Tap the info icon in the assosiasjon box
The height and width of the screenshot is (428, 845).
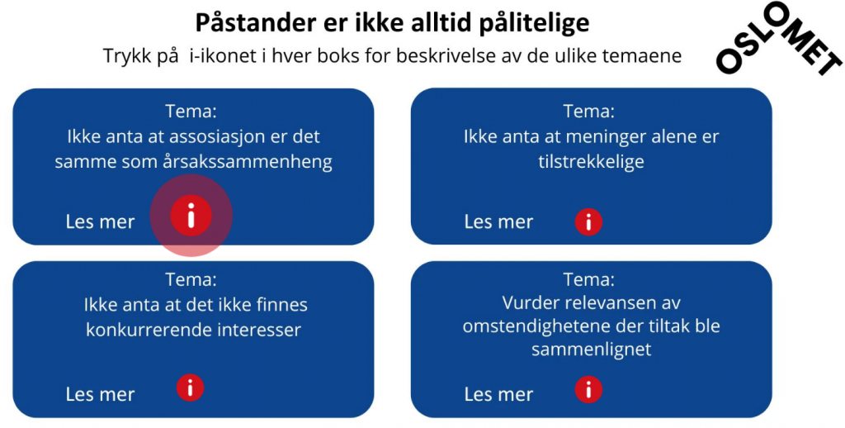[x=191, y=216]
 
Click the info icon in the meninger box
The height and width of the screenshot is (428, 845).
[x=588, y=221]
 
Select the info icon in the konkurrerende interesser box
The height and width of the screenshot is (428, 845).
[x=191, y=388]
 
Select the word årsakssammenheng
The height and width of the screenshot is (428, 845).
[x=248, y=163]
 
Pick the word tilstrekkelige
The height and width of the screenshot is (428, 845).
[x=591, y=161]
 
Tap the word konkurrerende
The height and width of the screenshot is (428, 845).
[x=149, y=330]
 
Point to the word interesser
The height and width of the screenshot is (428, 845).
[x=258, y=330]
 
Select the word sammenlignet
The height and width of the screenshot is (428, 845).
[x=591, y=350]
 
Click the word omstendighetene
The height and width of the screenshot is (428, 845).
[x=542, y=326]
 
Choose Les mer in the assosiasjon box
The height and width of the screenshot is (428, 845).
[x=100, y=221]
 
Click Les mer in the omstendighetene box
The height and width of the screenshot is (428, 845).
[x=498, y=395]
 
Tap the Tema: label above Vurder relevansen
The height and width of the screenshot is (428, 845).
[x=588, y=279]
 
